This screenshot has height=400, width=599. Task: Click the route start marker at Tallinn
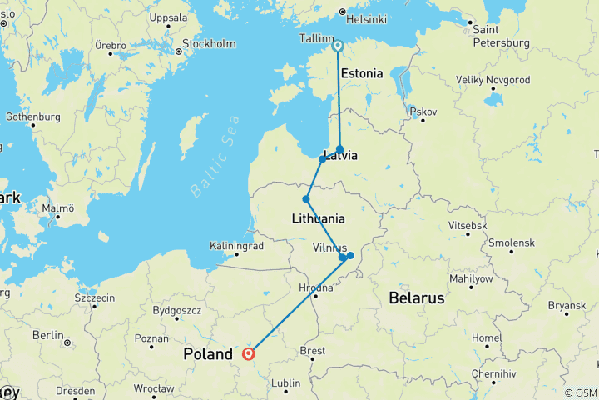pos(338,47)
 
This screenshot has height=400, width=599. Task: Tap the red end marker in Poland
pos(248,353)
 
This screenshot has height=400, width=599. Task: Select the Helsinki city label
pos(367,20)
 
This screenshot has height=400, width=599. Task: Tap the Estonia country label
pos(362,73)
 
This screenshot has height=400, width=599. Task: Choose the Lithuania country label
pos(319,219)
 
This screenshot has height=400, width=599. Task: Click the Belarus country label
pos(417,297)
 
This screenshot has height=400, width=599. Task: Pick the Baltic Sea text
pos(215,157)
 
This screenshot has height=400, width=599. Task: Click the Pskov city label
pos(423,111)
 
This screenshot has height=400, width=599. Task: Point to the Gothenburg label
pos(32,117)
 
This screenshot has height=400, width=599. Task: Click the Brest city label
pos(312,351)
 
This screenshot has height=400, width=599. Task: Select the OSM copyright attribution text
pos(580,392)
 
